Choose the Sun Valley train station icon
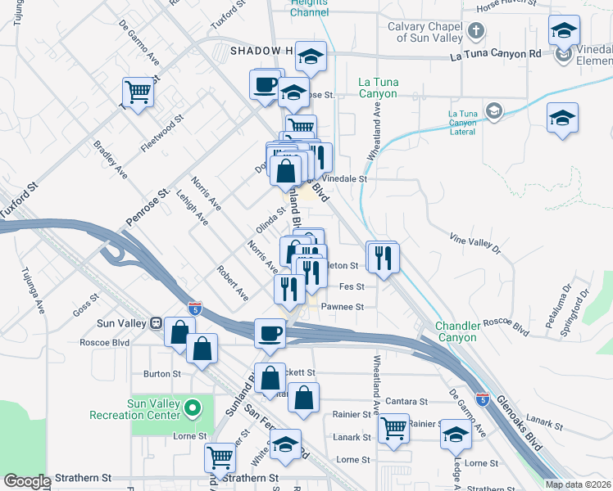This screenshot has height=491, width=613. click(154, 324)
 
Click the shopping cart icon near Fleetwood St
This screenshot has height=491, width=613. click(138, 91)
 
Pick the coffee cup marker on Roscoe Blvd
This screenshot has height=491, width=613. click(270, 333)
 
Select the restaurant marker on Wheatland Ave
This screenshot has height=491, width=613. click(383, 258)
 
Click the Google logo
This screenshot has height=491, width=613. click(26, 481)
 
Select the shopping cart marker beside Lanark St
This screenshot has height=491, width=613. click(394, 426)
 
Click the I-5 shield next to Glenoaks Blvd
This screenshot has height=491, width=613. click(484, 400)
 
